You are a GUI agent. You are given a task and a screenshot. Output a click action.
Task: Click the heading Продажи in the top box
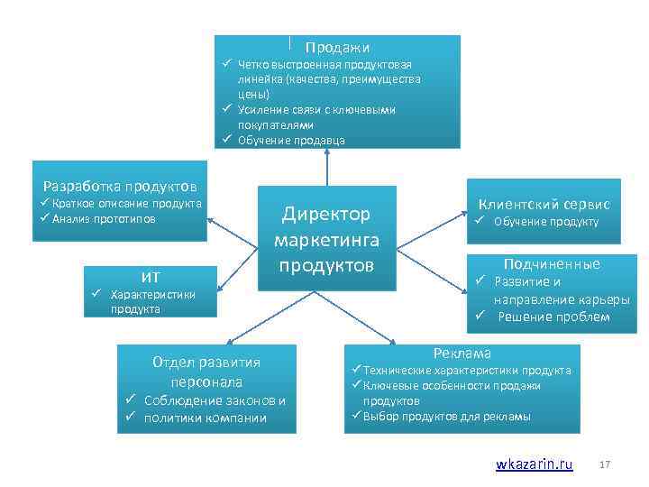click(337, 47)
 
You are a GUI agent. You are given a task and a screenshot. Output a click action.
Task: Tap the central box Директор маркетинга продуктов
click(326, 239)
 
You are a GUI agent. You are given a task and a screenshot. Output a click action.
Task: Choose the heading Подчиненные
click(552, 263)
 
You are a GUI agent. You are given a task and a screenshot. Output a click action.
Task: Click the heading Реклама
click(462, 354)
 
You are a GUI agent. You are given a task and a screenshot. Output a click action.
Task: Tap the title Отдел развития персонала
click(206, 372)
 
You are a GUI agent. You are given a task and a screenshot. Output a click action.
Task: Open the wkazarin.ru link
click(534, 464)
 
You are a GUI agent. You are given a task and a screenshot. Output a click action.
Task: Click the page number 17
click(605, 464)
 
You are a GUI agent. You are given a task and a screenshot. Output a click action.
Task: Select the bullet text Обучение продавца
click(290, 140)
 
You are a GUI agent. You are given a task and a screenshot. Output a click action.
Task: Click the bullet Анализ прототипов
click(104, 219)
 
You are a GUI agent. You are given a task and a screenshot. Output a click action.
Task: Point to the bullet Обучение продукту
click(545, 222)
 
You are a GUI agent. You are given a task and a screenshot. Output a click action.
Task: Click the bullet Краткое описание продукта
click(126, 204)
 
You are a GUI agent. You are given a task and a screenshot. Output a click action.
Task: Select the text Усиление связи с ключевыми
click(316, 109)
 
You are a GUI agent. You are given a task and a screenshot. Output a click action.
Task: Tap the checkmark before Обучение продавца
click(228, 140)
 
